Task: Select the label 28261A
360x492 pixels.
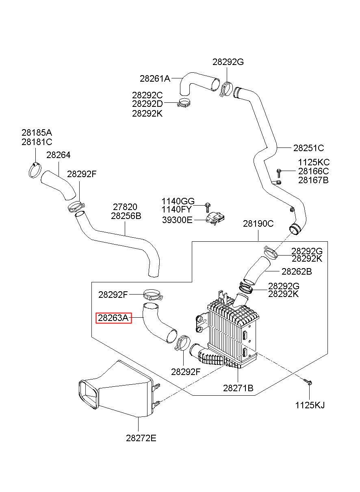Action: pyautogui.click(x=155, y=78)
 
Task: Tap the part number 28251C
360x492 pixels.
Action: pyautogui.click(x=309, y=148)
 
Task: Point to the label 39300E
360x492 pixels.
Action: pyautogui.click(x=177, y=220)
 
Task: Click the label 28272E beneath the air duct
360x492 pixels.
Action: pyautogui.click(x=141, y=438)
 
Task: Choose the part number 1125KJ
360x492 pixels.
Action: pyautogui.click(x=310, y=405)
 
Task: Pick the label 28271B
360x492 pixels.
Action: pyautogui.click(x=238, y=388)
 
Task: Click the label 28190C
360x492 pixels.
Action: pyautogui.click(x=258, y=223)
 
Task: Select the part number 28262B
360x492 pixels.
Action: pyautogui.click(x=297, y=272)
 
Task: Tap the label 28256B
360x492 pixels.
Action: pyautogui.click(x=126, y=216)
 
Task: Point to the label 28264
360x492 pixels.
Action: pyautogui.click(x=59, y=155)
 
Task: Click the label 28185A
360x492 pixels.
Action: pyautogui.click(x=37, y=132)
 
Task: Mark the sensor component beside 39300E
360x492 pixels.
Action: pyautogui.click(x=215, y=219)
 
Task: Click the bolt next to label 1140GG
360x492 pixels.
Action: pyautogui.click(x=207, y=207)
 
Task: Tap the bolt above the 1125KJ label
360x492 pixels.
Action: pyautogui.click(x=308, y=381)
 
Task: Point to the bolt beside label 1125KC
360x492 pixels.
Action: pyautogui.click(x=279, y=173)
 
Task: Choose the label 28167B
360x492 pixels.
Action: pyautogui.click(x=313, y=180)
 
